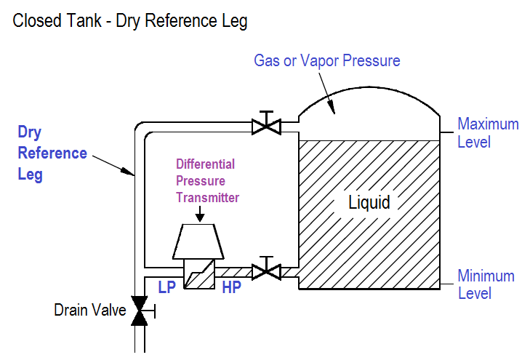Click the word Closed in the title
38,20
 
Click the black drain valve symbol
140,311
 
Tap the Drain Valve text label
90,310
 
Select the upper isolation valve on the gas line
266,123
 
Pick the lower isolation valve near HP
266,269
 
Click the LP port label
166,287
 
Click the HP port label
231,287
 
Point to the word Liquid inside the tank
369,202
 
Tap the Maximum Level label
488,133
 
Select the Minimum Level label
486,285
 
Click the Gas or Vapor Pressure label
327,60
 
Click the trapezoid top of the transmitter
198,241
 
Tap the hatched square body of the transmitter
199,274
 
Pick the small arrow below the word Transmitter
200,214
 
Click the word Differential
206,164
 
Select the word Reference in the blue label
52,153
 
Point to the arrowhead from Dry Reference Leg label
128,172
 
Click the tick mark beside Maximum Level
447,132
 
